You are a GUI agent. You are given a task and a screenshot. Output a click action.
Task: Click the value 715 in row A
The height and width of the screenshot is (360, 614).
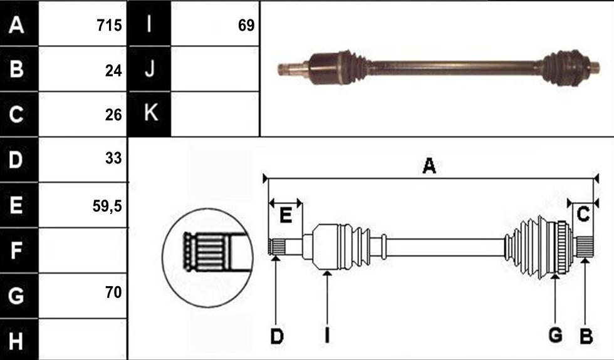(x=109, y=26)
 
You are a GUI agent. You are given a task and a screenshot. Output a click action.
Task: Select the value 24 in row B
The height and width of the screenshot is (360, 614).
(x=113, y=71)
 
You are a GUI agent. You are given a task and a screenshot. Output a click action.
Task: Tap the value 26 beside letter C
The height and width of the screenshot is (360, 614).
(x=113, y=115)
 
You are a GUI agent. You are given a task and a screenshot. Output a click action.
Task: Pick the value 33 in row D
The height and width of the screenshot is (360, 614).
(x=113, y=158)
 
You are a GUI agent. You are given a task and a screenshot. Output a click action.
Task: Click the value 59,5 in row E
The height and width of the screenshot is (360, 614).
(x=107, y=206)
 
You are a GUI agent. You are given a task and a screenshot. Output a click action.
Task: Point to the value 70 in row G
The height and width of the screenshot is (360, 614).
(x=113, y=292)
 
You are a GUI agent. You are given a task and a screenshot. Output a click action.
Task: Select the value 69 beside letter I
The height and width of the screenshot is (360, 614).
(x=246, y=26)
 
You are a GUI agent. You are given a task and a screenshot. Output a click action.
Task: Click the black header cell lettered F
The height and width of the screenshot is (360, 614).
(x=19, y=250)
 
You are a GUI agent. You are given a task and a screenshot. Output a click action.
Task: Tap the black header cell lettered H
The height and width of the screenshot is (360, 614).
(x=19, y=339)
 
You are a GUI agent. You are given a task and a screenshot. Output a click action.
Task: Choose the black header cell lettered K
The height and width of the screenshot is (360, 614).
(x=149, y=114)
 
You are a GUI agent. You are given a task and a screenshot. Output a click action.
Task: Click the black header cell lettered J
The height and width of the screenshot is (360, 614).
(x=149, y=69)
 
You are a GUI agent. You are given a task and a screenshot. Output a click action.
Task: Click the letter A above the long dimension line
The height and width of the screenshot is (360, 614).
(x=429, y=166)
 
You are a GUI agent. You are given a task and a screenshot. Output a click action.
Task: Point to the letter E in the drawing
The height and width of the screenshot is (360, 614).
(x=286, y=215)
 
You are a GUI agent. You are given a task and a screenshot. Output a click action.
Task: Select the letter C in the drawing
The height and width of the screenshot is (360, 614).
(x=583, y=214)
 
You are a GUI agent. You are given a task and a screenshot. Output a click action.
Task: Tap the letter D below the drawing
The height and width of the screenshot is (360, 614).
(x=277, y=337)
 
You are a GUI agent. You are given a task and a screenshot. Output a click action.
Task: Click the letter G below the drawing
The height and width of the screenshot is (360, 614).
(x=556, y=336)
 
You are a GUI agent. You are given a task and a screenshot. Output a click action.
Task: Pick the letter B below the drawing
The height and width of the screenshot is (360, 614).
(x=586, y=337)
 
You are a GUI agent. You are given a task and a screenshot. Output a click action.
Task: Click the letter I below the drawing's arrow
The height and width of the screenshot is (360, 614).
(x=327, y=336)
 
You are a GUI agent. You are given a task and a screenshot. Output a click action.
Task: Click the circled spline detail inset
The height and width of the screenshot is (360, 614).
(x=207, y=258)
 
